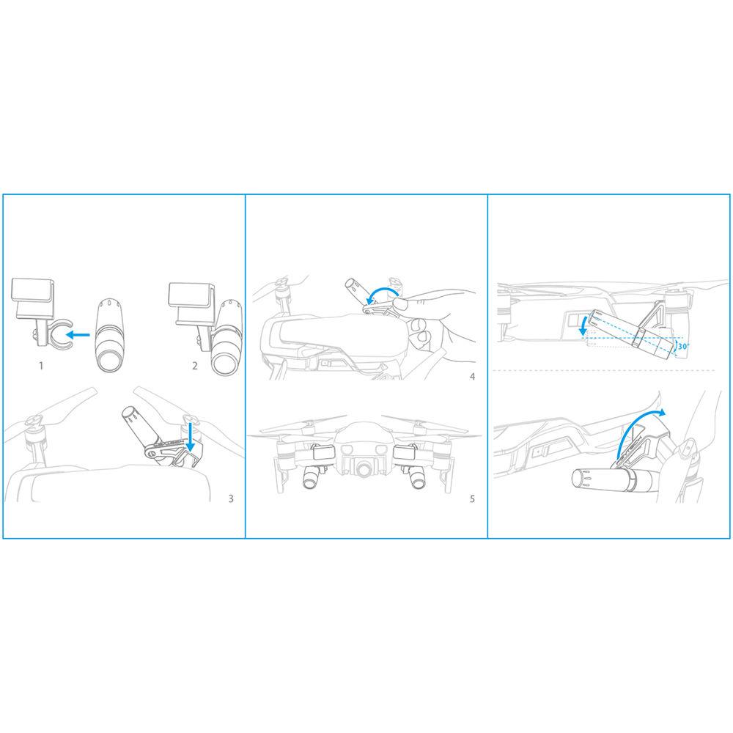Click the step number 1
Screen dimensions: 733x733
[41, 366]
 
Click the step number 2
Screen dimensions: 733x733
[195, 366]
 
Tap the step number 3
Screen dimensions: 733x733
[231, 498]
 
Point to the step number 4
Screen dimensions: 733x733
[473, 376]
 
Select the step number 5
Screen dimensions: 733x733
[472, 498]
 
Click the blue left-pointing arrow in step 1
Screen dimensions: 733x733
[78, 334]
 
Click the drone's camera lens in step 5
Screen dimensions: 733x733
[363, 469]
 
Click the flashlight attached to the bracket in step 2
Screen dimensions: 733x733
[226, 337]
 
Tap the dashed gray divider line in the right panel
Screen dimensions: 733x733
[604, 370]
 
